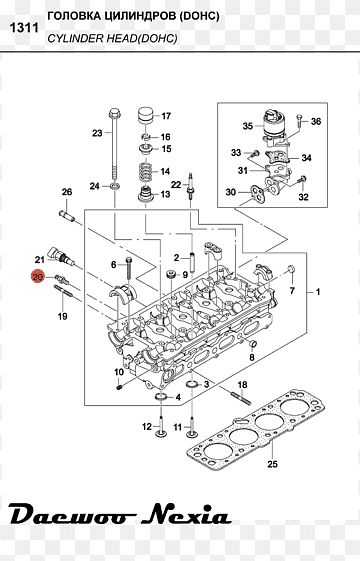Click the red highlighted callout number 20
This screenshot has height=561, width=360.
[38, 277]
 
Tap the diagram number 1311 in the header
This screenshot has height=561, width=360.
[24, 28]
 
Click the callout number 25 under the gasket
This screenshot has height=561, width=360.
[272, 464]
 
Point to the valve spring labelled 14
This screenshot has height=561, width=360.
[146, 172]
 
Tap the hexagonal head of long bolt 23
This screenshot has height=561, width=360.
[114, 114]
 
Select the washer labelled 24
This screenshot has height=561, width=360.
[115, 186]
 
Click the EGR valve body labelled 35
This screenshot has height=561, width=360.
[274, 126]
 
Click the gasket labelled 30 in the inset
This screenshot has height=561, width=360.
[257, 192]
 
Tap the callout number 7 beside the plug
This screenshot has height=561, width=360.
[292, 290]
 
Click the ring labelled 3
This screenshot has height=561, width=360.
[193, 385]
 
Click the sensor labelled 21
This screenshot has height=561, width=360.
[62, 256]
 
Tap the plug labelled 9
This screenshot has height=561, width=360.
[171, 275]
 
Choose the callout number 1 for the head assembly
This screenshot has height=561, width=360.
[318, 292]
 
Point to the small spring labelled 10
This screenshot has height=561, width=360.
[120, 387]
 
